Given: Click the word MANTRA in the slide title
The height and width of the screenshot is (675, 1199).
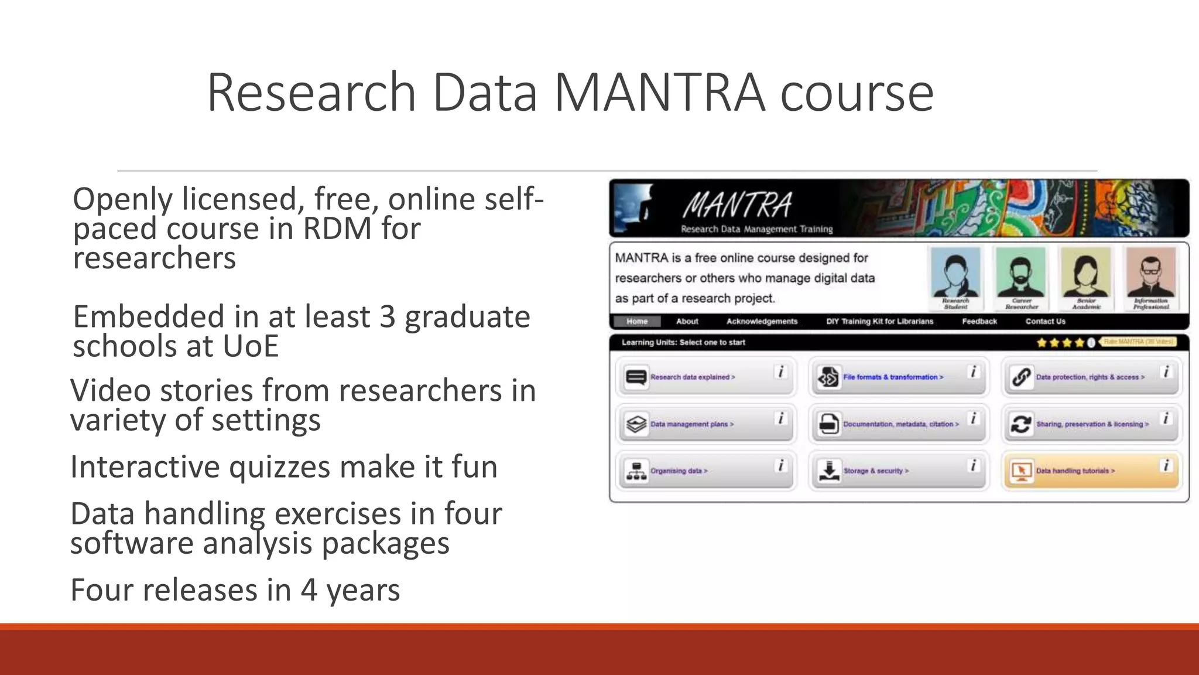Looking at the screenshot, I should [659, 93].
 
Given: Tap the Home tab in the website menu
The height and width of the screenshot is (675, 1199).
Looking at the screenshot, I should [637, 321].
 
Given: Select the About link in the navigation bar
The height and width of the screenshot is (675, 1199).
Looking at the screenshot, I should [687, 321].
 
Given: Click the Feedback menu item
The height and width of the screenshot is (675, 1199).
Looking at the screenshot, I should [979, 321].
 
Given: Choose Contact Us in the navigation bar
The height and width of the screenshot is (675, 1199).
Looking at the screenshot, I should [1045, 321].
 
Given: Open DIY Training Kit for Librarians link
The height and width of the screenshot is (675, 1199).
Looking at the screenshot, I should [879, 321].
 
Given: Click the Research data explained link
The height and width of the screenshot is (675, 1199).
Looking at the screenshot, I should [692, 377].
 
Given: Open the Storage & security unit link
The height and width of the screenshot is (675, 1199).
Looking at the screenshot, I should [875, 471].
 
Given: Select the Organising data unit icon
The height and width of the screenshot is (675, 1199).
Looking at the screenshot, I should [636, 471].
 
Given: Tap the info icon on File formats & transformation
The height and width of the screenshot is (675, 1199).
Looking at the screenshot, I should [973, 372].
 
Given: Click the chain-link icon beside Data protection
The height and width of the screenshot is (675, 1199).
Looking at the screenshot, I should [1021, 377].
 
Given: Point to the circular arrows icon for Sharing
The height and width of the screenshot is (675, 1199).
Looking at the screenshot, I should [1021, 424].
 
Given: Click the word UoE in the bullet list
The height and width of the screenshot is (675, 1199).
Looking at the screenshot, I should [251, 346].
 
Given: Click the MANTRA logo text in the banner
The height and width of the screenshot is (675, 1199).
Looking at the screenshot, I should [737, 205].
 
